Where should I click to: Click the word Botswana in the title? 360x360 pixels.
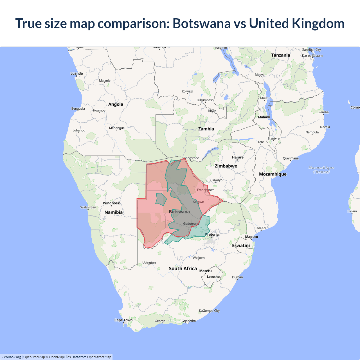pos(201,23)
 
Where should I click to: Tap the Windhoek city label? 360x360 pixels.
pos(111,203)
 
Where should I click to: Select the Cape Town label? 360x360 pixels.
pos(123,320)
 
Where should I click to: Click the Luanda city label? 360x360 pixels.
pos(76,73)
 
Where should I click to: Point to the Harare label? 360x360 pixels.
pos(238,157)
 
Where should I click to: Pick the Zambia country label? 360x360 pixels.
pos(206,129)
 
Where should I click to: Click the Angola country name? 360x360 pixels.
pos(116,104)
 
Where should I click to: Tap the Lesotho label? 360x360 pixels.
pos(213,277)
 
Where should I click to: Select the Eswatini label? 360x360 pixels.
pos(241,246)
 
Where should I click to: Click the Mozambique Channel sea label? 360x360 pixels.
pos(321,170)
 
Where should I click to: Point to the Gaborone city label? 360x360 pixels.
pos(191,224)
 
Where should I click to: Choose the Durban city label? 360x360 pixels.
pos(237,277)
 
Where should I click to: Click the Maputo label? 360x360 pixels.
pos(251,237)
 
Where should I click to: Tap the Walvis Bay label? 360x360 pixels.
pos(88,207)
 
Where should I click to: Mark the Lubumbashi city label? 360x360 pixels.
pos(205,100)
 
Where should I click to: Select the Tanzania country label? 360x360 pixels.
pos(280,55)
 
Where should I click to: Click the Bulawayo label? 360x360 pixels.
pos(215,180)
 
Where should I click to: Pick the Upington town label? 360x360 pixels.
pos(149,263)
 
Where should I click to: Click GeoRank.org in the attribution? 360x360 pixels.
pos(11,357)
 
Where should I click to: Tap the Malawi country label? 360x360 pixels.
pos(264,117)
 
